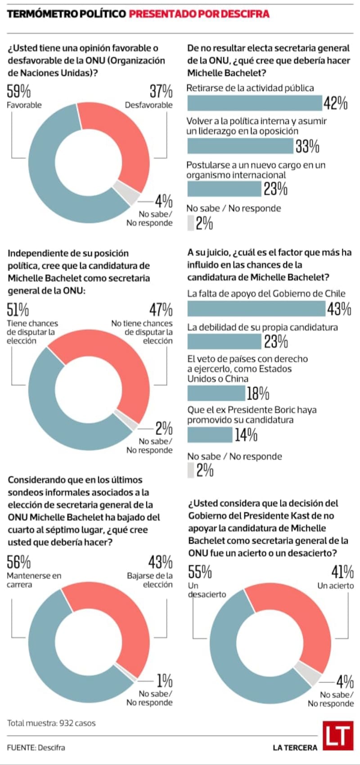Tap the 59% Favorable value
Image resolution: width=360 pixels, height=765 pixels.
(19, 91)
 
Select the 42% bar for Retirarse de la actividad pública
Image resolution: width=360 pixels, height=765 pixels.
(255, 103)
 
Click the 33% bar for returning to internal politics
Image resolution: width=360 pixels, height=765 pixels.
(240, 146)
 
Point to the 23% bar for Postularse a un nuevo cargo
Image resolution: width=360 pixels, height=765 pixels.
(224, 189)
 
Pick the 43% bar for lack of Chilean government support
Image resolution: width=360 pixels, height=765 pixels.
(256, 308)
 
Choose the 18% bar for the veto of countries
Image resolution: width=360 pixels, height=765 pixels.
(216, 393)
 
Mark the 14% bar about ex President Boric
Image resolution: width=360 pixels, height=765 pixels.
(210, 435)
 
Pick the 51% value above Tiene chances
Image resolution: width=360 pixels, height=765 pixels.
(18, 310)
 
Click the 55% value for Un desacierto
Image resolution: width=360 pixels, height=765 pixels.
(200, 572)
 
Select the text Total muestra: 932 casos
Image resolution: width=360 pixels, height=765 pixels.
(52, 723)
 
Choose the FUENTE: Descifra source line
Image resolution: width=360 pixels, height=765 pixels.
(36, 747)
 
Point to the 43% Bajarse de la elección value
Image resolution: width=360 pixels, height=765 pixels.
(160, 562)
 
